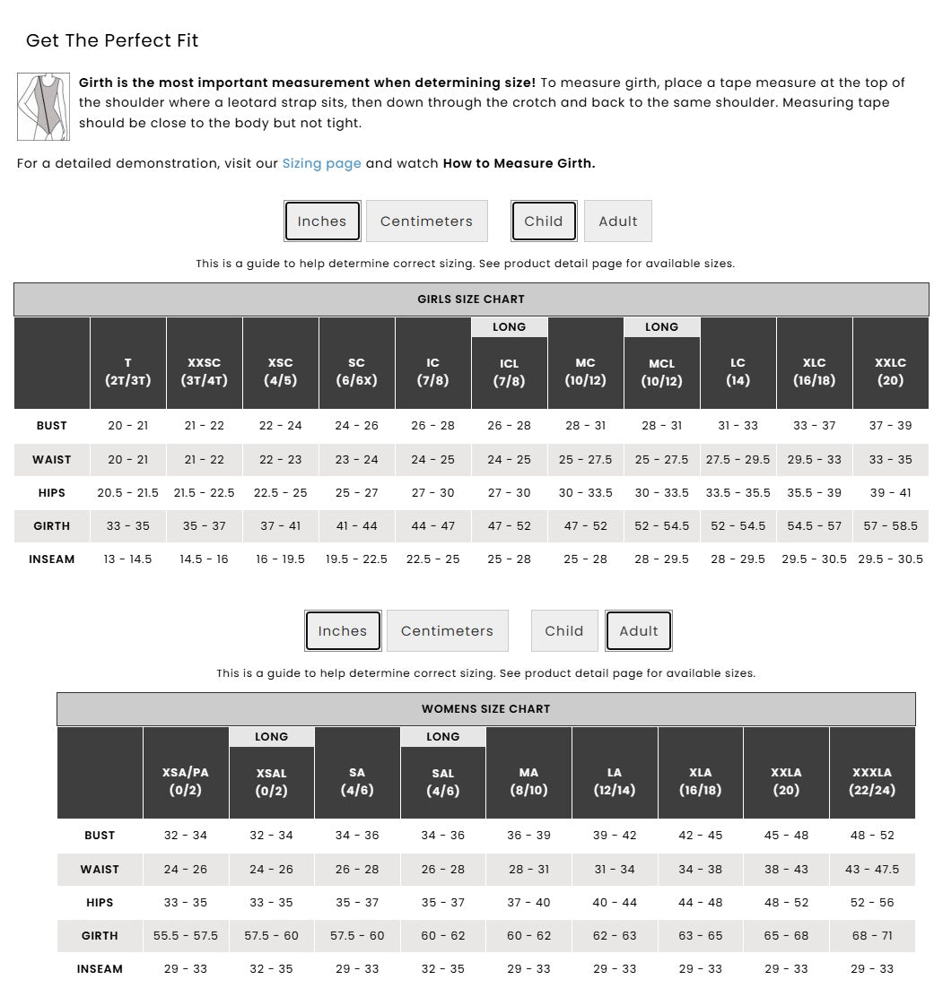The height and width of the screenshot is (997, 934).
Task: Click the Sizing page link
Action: [321, 163]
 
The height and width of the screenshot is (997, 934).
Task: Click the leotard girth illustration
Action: [43, 107]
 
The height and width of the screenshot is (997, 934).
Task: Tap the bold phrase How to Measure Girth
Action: [519, 163]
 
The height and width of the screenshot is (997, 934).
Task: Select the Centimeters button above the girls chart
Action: [426, 221]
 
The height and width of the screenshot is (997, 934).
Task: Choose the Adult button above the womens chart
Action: [638, 631]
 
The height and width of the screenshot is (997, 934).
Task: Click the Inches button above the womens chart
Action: [343, 631]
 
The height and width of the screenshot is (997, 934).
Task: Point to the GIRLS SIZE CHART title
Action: [471, 299]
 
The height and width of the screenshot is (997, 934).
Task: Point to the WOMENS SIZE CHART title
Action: [485, 709]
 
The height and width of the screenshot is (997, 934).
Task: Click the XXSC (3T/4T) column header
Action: [205, 371]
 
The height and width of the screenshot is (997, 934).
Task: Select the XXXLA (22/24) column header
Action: [871, 781]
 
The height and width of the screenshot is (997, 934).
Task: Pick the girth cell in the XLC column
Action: [814, 526]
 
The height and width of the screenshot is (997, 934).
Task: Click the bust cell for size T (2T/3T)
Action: [127, 426]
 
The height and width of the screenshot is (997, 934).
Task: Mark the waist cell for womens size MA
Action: [528, 870]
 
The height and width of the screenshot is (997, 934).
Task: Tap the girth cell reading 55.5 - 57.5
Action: [186, 936]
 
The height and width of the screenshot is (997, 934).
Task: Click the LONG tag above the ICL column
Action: [509, 327]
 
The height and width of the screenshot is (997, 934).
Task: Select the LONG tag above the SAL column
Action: [442, 737]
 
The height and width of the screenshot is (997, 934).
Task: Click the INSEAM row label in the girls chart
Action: [52, 559]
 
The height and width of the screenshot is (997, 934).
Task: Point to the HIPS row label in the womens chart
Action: [100, 903]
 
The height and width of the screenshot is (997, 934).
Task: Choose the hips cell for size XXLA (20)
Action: [786, 903]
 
